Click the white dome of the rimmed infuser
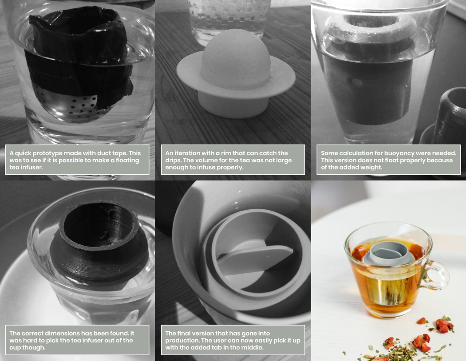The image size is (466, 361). (x=235, y=58)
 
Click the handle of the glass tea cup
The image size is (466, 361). (x=437, y=275)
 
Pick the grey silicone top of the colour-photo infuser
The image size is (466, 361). (x=384, y=253)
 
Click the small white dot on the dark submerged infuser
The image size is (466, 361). (x=357, y=82)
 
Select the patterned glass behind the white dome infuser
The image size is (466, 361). (x=229, y=16)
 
